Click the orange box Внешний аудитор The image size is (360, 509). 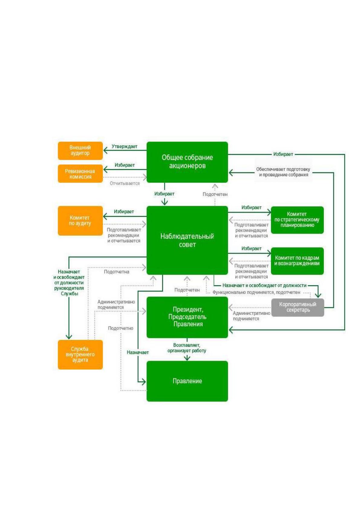(80, 151)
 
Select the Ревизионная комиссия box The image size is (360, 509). (80, 173)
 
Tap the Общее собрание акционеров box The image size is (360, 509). (187, 162)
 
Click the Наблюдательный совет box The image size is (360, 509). (187, 240)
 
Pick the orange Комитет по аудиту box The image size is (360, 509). (80, 221)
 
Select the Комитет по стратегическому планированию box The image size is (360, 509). (297, 220)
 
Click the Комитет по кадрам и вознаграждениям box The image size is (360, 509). (297, 261)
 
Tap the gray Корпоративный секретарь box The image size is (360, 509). (298, 307)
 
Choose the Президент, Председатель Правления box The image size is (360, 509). (187, 317)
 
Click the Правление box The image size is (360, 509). (187, 381)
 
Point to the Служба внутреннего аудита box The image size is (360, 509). (80, 355)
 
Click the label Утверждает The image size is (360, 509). (124, 147)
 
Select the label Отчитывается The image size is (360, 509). (125, 183)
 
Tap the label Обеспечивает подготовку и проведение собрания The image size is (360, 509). (283, 172)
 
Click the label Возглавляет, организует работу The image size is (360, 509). (187, 348)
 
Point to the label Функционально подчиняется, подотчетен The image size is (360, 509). (256, 293)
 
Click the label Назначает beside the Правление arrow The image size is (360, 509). (138, 352)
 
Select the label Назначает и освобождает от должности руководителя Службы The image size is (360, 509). (69, 283)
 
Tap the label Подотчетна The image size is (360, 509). (117, 272)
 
